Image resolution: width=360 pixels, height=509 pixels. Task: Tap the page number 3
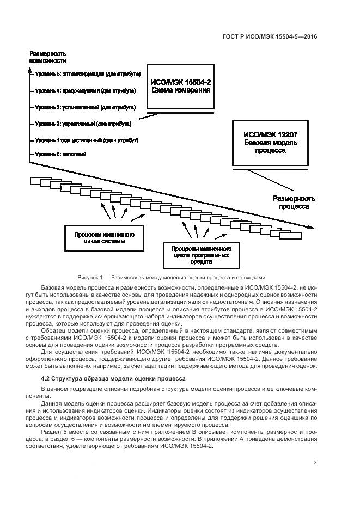[315, 463]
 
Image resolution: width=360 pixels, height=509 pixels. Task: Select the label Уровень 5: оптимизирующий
[88, 73]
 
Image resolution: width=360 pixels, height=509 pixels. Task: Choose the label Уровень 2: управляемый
[84, 124]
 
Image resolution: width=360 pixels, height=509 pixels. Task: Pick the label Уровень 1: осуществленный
[87, 140]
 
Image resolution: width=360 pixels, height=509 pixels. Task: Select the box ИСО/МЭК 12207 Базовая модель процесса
[270, 143]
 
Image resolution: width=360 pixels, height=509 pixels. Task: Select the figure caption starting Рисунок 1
[180, 277]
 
